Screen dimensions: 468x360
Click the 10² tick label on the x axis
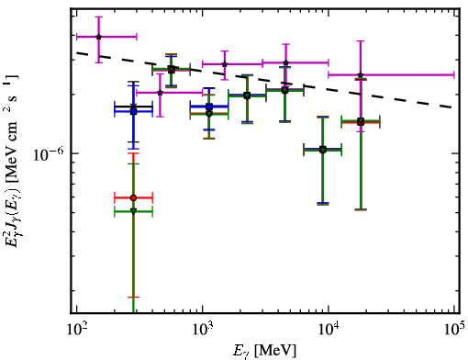pyautogui.click(x=77, y=330)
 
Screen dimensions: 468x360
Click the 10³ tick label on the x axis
pyautogui.click(x=203, y=330)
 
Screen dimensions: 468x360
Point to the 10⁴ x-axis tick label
pyautogui.click(x=329, y=330)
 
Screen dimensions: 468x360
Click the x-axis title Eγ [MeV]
pyautogui.click(x=264, y=350)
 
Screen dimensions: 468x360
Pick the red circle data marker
pyautogui.click(x=133, y=197)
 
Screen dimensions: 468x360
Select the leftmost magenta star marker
pyautogui.click(x=98, y=37)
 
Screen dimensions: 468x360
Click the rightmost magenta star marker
pyautogui.click(x=361, y=74)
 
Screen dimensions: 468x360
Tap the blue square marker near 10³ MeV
pyautogui.click(x=209, y=107)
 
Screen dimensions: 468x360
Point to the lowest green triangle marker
pyautogui.click(x=133, y=211)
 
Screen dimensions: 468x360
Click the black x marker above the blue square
pyautogui.click(x=133, y=107)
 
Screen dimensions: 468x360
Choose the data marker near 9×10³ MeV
pyautogui.click(x=323, y=150)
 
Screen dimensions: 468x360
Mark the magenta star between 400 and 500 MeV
pyautogui.click(x=160, y=93)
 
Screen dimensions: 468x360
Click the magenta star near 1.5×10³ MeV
pyautogui.click(x=225, y=64)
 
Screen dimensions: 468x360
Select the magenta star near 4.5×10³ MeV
pyautogui.click(x=285, y=62)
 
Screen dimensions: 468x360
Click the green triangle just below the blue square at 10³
pyautogui.click(x=209, y=114)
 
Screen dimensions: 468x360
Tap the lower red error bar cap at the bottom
pyautogui.click(x=133, y=297)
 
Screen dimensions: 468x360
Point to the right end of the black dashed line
pyautogui.click(x=452, y=107)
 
